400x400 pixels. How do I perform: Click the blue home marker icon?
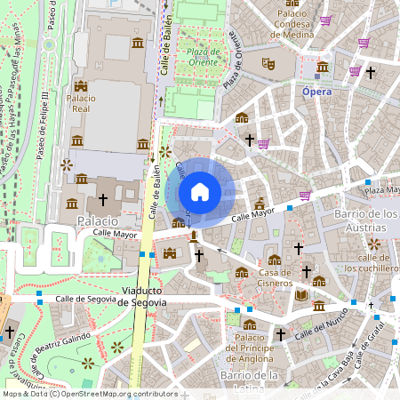pyautogui.click(x=200, y=191)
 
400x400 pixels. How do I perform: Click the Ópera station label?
pyautogui.click(x=317, y=92)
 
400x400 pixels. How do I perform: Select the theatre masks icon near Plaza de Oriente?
pyautogui.click(x=267, y=64)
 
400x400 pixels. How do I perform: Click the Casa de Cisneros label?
pyautogui.click(x=275, y=277)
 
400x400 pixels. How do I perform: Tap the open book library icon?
pyautogui.click(x=301, y=294)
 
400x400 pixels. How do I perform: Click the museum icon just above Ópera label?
pyautogui.click(x=322, y=67)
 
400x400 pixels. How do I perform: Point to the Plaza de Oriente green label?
pyautogui.click(x=204, y=59)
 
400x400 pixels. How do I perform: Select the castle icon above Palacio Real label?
pyautogui.click(x=82, y=85)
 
